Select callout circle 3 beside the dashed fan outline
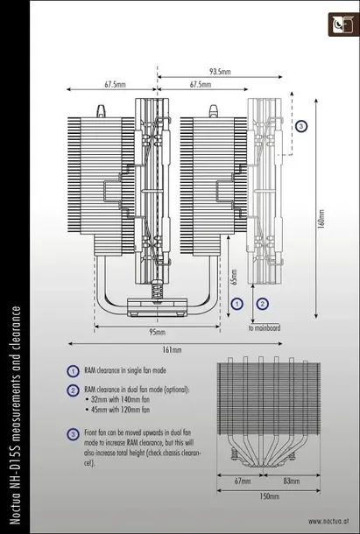(300, 126)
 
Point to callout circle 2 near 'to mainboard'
(262, 303)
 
